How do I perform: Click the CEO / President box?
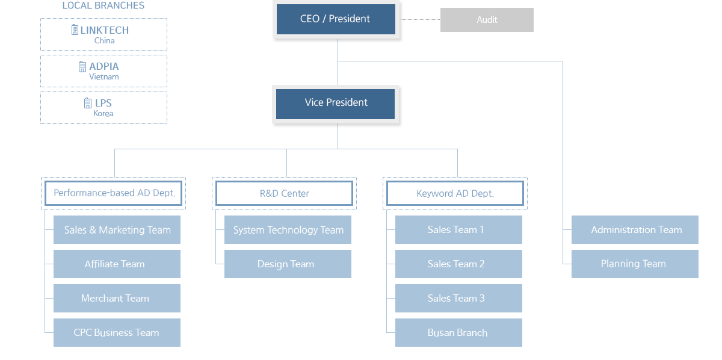pos(336,19)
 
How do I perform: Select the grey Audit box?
pos(487,20)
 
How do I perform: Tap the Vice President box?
pos(335,104)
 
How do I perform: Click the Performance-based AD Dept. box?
pos(114,193)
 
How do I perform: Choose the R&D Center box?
pos(284,193)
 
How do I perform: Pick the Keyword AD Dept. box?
pos(455,193)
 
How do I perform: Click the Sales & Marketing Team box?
pos(117,230)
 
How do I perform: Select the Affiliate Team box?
pos(117,264)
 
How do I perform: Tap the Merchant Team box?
pos(117,298)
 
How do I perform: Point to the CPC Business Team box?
pos(117,332)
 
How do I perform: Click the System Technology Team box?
pos(288,230)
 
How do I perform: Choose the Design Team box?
pos(288,264)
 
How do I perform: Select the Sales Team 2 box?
pos(458,264)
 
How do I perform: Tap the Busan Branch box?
pos(458,332)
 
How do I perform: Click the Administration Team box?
pos(635,230)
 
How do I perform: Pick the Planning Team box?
pos(635,264)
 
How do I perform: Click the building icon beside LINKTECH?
pos(75,29)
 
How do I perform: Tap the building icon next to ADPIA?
pos(82,66)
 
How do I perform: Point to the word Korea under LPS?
pos(103,114)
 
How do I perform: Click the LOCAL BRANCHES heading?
pos(103,5)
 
